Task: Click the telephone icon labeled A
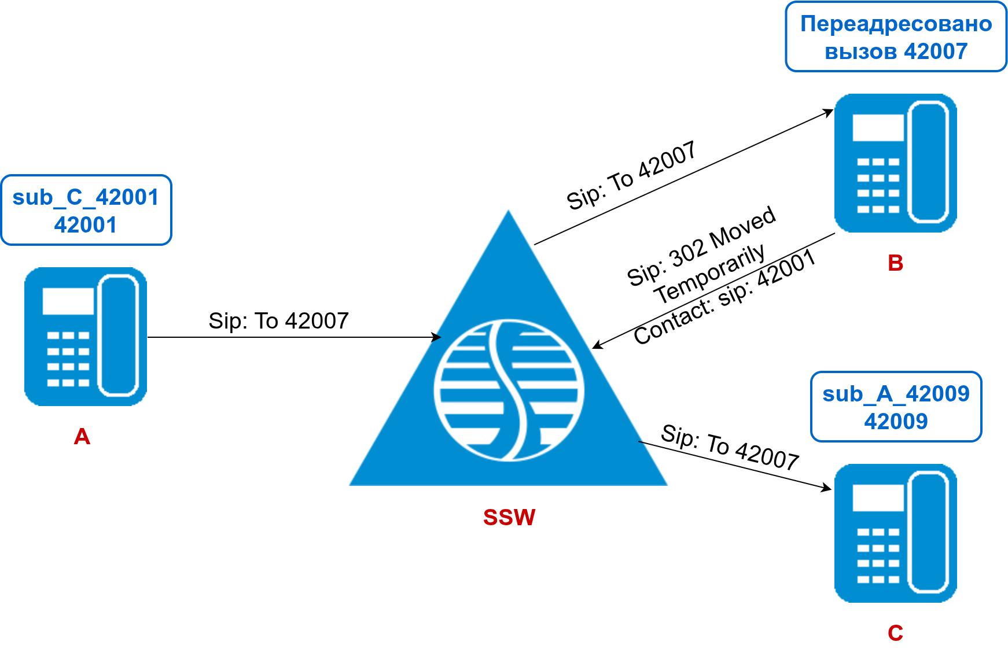[86, 336]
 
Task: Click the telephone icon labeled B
[895, 163]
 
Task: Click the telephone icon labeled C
[895, 533]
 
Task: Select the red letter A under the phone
[82, 437]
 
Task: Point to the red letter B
[895, 263]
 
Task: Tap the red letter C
[895, 633]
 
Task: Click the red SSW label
[509, 517]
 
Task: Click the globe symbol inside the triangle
[509, 390]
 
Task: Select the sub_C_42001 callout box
[86, 211]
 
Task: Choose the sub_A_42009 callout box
[896, 407]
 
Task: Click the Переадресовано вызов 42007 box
[896, 37]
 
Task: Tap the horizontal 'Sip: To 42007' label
[278, 321]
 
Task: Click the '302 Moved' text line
[701, 245]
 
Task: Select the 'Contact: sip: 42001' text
[724, 297]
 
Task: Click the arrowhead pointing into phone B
[828, 112]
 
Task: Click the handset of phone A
[118, 336]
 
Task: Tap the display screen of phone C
[878, 498]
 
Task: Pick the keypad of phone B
[878, 185]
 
